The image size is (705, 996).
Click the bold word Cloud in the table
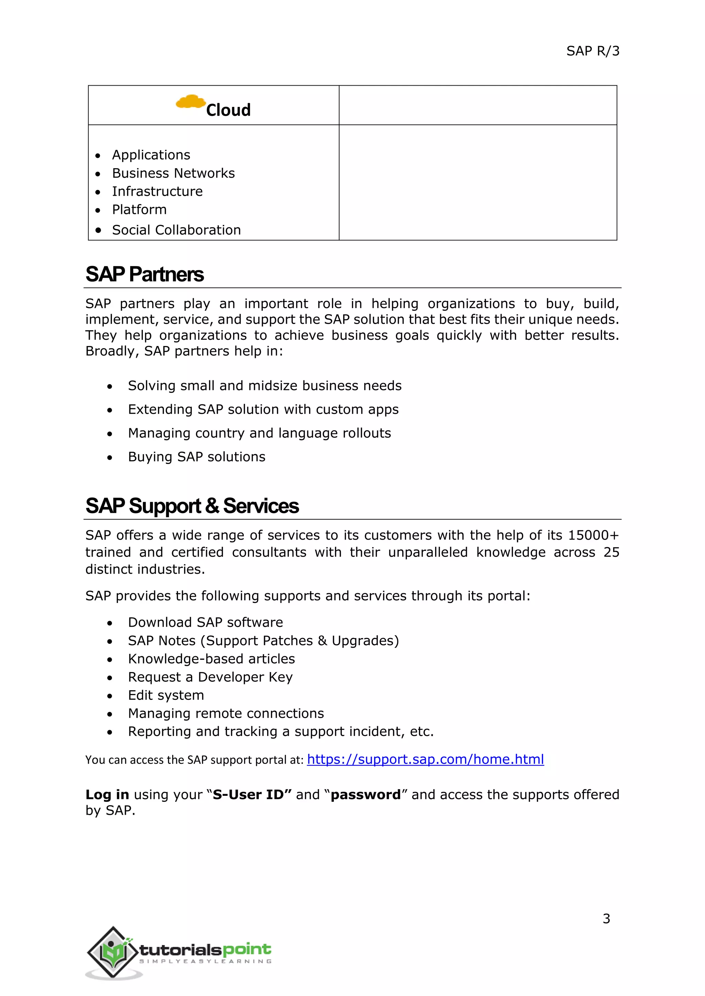(228, 110)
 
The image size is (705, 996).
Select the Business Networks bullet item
(173, 173)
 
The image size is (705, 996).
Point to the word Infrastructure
(157, 191)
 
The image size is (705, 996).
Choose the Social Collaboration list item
(176, 230)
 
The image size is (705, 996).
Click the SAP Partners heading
(145, 274)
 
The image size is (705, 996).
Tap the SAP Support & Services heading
(192, 506)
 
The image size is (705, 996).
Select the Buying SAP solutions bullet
(196, 457)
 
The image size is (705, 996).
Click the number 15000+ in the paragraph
(593, 535)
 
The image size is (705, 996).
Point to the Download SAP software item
(205, 622)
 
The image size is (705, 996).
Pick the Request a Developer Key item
(210, 677)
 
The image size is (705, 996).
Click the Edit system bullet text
(166, 695)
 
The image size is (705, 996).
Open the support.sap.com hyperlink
(425, 760)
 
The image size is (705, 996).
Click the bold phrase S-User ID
(248, 795)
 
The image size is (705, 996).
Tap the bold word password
(366, 795)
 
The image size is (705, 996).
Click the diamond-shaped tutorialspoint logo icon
(113, 953)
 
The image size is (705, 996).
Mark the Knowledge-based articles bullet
(211, 659)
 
